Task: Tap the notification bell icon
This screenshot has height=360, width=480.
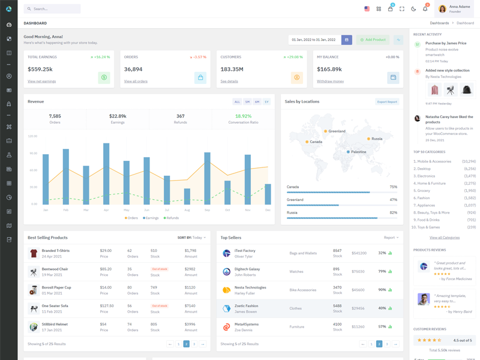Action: point(425,9)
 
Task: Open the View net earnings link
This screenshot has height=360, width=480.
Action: point(41,81)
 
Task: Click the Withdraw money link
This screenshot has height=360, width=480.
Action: point(330,81)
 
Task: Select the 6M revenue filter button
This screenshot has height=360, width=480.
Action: point(257,102)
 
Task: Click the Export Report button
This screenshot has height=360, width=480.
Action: point(387,102)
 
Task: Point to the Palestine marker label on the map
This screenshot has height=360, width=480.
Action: point(358,152)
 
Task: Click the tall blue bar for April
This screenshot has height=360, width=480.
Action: point(106,173)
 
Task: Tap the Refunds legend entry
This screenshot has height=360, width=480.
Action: point(172,218)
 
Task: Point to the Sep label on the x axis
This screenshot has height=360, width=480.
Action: point(207,210)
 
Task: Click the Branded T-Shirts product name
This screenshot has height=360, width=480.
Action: point(56,251)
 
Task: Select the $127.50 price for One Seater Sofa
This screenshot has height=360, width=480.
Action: point(107,306)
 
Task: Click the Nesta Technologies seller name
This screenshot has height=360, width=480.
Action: point(250,287)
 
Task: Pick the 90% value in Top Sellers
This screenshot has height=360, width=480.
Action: point(382,290)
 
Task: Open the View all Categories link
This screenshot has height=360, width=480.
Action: point(445,238)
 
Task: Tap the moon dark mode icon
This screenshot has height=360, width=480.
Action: point(413,9)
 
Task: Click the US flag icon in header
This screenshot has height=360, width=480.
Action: point(367,9)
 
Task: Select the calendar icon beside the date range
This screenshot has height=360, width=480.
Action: point(347,40)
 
